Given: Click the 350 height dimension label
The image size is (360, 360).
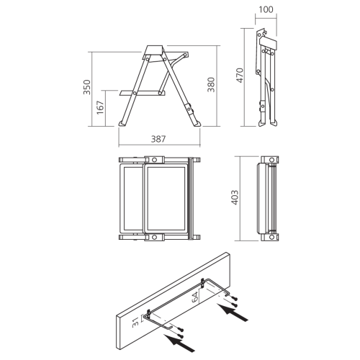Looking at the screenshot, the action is (87, 87).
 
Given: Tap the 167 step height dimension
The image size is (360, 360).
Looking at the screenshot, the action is (100, 107).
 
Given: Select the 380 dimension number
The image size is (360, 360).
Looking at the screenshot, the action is (211, 84).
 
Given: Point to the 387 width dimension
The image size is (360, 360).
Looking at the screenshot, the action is (158, 139).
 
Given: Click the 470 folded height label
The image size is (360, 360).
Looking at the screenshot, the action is (240, 76).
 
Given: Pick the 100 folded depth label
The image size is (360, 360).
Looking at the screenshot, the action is (266, 9).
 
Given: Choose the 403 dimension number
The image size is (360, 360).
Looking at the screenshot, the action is (235, 197).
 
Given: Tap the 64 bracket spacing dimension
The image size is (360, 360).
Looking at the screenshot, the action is (196, 297).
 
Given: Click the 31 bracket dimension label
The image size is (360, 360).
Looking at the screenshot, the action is (135, 323).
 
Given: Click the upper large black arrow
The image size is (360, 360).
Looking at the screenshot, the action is (233, 312).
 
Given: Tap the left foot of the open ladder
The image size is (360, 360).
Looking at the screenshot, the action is (122, 123).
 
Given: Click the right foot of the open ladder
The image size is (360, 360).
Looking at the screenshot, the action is (197, 123).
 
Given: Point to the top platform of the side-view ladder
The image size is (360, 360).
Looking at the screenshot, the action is (154, 50).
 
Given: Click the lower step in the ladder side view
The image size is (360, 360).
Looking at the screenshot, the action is (143, 93).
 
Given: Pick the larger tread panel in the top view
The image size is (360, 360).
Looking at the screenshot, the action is (166, 199).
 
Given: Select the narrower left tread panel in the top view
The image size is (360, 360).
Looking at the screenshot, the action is (131, 199).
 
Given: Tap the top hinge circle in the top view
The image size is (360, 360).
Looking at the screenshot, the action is (155, 160).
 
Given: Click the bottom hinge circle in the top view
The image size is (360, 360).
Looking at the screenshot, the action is (155, 238).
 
